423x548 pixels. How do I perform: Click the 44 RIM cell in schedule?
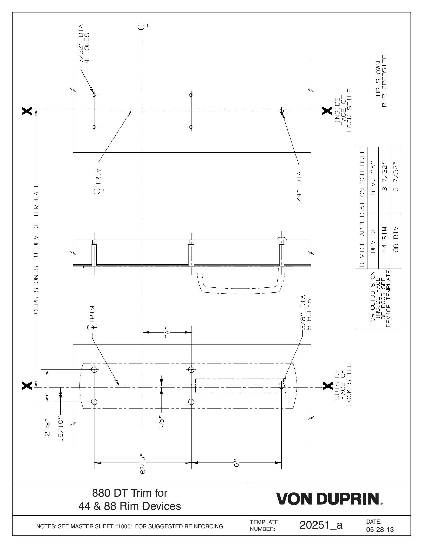384,242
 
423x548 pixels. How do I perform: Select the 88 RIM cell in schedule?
396,242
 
